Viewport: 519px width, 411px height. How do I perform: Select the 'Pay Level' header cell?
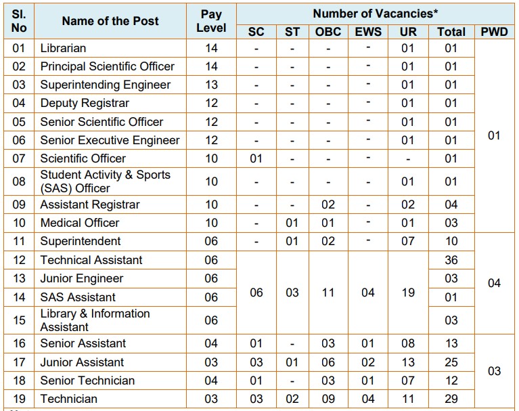click(211, 21)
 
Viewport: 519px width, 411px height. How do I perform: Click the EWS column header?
click(368, 31)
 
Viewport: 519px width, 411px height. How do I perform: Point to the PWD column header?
click(494, 31)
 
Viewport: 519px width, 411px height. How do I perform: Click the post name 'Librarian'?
click(63, 48)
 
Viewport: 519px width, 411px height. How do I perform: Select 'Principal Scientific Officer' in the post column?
click(107, 66)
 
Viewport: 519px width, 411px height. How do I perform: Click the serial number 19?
click(19, 399)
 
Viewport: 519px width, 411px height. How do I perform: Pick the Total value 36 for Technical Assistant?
click(451, 260)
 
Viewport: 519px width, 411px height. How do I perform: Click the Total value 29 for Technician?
click(451, 399)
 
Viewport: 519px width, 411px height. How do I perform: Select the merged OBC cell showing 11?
click(328, 293)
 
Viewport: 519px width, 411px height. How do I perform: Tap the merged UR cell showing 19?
click(408, 293)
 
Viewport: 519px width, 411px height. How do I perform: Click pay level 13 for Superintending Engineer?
click(211, 85)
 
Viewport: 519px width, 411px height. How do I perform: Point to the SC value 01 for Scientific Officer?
click(256, 158)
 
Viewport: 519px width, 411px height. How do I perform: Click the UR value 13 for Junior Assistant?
click(408, 362)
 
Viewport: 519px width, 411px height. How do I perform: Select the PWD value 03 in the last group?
click(494, 371)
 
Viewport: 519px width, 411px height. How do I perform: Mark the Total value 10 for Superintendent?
click(451, 241)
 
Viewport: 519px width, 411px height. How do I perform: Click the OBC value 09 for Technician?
click(328, 399)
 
